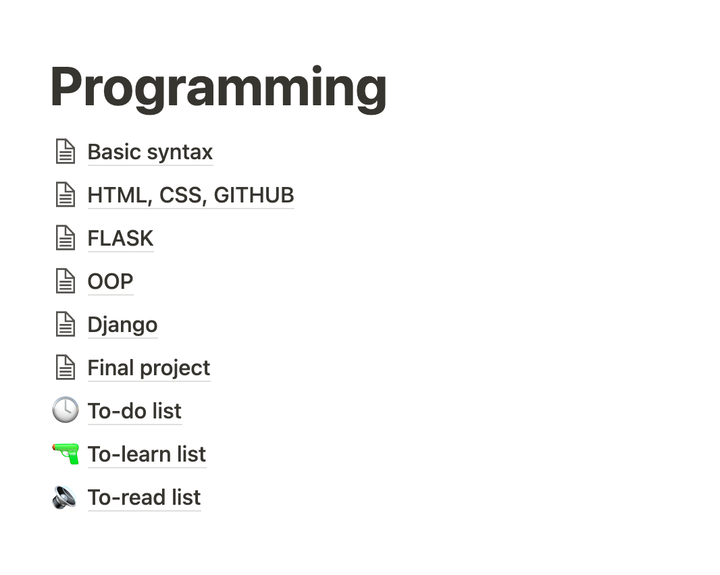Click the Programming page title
pos(218,88)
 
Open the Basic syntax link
pos(150,152)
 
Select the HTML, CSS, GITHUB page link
pos(190,195)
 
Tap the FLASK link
pos(120,238)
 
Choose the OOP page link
pos(110,281)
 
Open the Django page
pos(122,325)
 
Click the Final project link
pos(149,368)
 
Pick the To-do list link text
pos(134,411)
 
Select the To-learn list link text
pos(147,454)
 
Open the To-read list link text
pos(144,497)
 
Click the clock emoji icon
pos(65,410)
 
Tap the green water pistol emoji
pos(65,454)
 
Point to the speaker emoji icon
pos(65,497)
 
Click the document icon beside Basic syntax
pos(65,151)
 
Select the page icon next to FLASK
pos(65,238)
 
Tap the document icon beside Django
pos(65,324)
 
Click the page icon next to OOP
pos(65,281)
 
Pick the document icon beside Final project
pos(65,367)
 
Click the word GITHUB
pos(254,195)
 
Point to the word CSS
pos(181,195)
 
